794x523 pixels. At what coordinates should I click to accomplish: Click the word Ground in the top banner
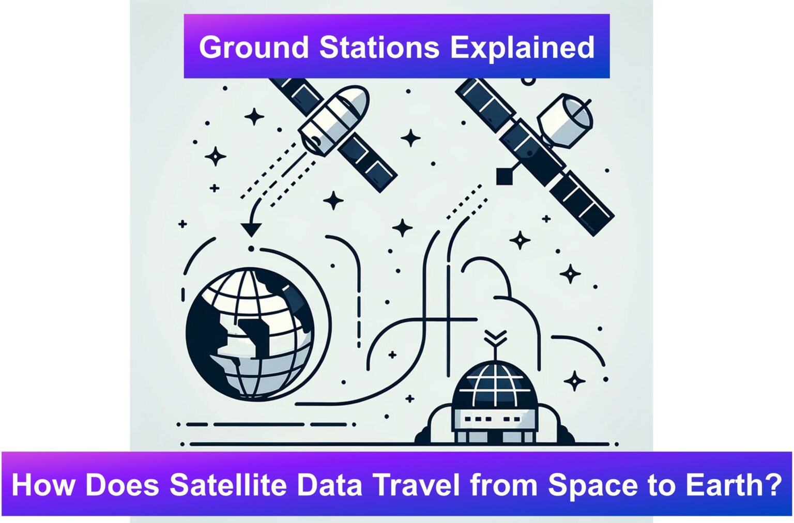tap(253, 48)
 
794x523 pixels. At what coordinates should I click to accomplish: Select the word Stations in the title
tap(379, 47)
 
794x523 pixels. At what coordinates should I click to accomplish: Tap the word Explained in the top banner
tap(522, 48)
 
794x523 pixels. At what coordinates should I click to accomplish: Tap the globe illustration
tap(250, 334)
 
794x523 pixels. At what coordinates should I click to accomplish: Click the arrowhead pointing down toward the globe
tap(251, 229)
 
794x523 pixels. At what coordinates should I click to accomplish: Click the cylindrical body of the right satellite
tap(565, 121)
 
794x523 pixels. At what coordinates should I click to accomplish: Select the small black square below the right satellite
tap(505, 176)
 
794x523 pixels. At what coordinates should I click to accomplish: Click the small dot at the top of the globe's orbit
tap(251, 249)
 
